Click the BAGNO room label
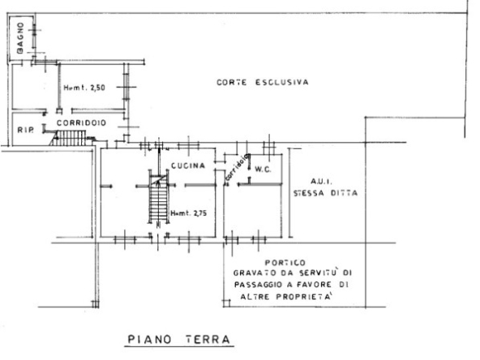pos(20,38)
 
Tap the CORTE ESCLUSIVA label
pos(263,83)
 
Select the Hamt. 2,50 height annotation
pos(84,88)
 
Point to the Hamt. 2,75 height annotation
pos(189,213)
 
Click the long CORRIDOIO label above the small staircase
pos(81,122)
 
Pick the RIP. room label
pos(25,130)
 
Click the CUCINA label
pos(188,165)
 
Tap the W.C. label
pos(263,169)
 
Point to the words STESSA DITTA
pos(325,193)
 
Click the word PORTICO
pos(285,263)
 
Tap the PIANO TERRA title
pos(178,339)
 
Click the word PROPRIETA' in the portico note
pos(304,297)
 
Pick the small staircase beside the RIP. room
pos(68,138)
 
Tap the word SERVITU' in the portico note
pos(319,272)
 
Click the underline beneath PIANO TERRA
pos(179,347)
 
